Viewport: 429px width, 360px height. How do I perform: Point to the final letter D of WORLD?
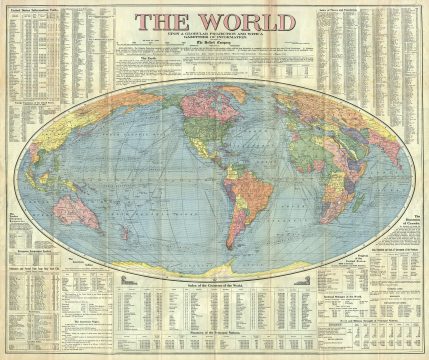[276, 21]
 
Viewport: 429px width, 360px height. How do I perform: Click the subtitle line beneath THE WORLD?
[214, 37]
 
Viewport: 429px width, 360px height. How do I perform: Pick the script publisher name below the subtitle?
[214, 45]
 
